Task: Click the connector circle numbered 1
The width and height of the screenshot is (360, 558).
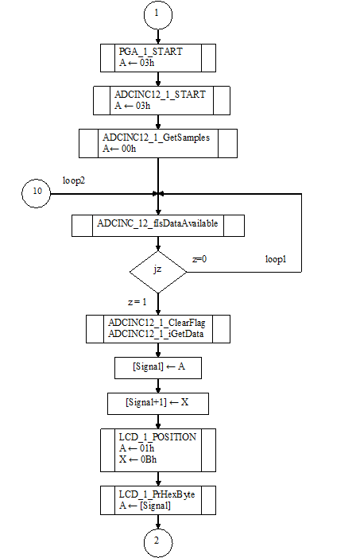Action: pyautogui.click(x=158, y=15)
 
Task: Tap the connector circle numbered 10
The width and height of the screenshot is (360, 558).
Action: pyautogui.click(x=37, y=194)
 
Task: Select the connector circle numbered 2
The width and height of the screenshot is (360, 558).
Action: pyautogui.click(x=158, y=543)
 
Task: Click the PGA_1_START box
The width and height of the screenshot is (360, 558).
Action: pyautogui.click(x=158, y=58)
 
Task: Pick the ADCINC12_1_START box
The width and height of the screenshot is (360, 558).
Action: pyautogui.click(x=161, y=100)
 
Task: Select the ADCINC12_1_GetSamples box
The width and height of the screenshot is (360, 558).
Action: pyautogui.click(x=158, y=143)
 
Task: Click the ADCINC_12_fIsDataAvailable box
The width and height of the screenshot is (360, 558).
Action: pyautogui.click(x=158, y=226)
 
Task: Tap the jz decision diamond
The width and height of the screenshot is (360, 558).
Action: pyautogui.click(x=158, y=272)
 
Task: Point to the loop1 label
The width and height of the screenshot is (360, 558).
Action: pyautogui.click(x=276, y=259)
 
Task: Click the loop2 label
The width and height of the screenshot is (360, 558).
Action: pyautogui.click(x=74, y=180)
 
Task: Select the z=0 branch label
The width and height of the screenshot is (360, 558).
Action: pyautogui.click(x=199, y=259)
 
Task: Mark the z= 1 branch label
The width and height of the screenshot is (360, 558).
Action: pyautogui.click(x=137, y=302)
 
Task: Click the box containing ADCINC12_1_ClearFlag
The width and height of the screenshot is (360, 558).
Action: pyautogui.click(x=158, y=329)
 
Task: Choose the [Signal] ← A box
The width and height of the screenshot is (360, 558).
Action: pyautogui.click(x=158, y=368)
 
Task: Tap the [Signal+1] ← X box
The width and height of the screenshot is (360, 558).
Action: pyautogui.click(x=158, y=404)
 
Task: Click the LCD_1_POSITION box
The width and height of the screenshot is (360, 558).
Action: pyautogui.click(x=158, y=450)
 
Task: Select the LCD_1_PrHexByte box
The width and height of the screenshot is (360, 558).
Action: pyautogui.click(x=158, y=500)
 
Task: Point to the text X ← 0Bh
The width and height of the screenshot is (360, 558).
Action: pyautogui.click(x=137, y=459)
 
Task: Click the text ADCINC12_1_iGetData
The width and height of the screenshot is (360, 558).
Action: pyautogui.click(x=156, y=334)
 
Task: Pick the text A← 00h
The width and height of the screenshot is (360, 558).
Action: pyautogui.click(x=119, y=149)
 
